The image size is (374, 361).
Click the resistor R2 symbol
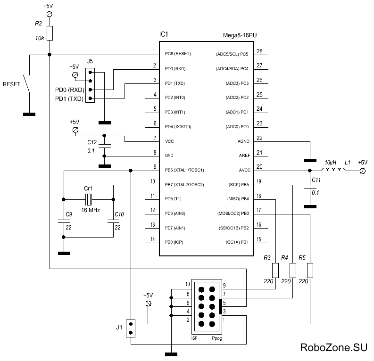click(50, 33)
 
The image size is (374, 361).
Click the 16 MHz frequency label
click(91, 210)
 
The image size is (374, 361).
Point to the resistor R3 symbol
click(275, 270)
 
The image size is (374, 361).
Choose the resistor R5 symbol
click(310, 270)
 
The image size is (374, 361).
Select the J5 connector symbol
click(91, 85)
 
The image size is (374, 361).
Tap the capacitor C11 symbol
click(310, 186)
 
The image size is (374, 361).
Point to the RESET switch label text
click(12, 85)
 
